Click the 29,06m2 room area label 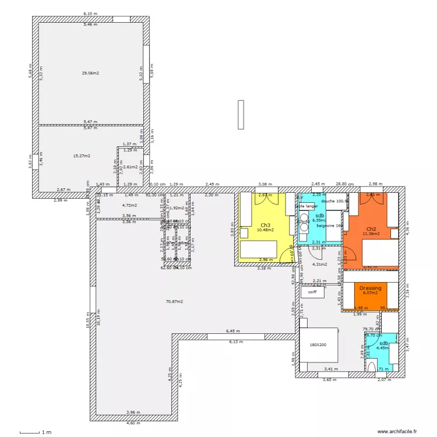click(90, 73)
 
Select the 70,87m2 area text click(174, 301)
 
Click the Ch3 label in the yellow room click(265, 224)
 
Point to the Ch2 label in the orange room click(371, 228)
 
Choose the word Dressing click(370, 288)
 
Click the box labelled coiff click(312, 292)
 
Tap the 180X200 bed click(319, 344)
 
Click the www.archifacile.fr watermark click(397, 432)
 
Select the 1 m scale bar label click(46, 432)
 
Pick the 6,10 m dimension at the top click(90, 13)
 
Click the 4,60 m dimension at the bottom click(133, 423)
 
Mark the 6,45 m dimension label click(233, 331)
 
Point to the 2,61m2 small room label click(131, 167)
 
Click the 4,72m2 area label click(129, 205)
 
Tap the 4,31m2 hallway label click(320, 264)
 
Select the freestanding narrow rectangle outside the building click(240, 114)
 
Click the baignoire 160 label click(329, 225)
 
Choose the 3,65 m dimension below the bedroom click(330, 379)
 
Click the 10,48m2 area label click(265, 230)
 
